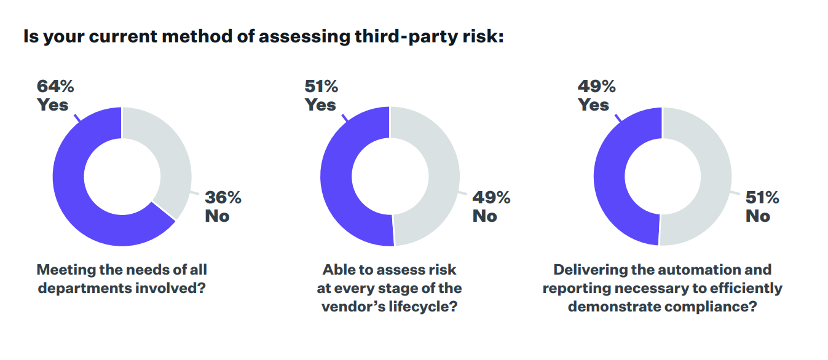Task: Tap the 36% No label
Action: [222, 207]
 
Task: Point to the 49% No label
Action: [491, 207]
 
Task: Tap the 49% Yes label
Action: [596, 95]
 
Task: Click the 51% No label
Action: [762, 207]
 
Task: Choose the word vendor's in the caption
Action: [349, 307]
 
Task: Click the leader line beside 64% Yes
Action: [77, 117]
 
